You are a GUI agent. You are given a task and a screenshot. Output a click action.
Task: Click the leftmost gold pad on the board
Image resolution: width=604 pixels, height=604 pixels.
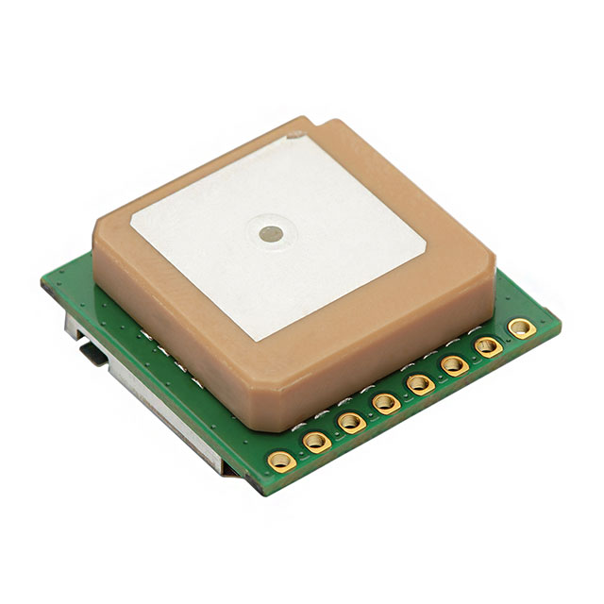tap(281, 461)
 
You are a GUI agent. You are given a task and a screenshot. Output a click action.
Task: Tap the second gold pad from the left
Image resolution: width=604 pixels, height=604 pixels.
tap(316, 441)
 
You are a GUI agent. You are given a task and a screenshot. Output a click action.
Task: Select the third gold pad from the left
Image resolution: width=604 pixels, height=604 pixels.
tap(351, 422)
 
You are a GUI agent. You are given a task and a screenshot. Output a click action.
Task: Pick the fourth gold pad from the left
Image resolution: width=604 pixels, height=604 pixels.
tap(385, 403)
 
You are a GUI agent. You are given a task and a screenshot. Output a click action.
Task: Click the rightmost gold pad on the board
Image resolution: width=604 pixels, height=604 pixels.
tap(521, 327)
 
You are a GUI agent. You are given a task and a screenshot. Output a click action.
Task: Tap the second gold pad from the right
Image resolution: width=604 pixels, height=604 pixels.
tap(488, 346)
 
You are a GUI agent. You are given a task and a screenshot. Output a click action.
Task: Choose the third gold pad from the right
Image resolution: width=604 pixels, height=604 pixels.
tap(454, 365)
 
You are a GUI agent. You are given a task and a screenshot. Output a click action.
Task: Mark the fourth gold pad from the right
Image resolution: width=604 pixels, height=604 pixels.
tap(420, 383)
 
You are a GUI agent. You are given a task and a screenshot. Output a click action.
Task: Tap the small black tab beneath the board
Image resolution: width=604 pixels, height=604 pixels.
tap(92, 353)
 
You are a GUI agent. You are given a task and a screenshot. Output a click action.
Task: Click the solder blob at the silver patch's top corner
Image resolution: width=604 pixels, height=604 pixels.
tap(294, 136)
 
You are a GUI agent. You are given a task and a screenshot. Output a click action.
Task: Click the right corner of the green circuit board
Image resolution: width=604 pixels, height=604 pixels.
tap(560, 324)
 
